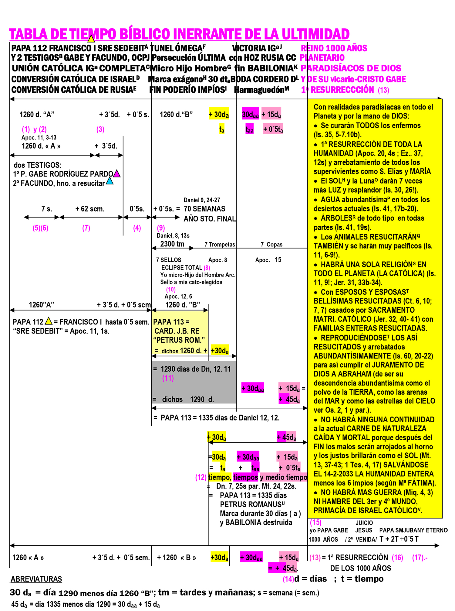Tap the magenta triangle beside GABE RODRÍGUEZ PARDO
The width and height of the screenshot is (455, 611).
[117, 174]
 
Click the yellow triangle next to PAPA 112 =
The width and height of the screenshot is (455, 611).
[49, 321]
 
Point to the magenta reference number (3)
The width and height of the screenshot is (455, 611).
[100, 129]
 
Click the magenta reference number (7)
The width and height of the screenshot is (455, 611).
[86, 228]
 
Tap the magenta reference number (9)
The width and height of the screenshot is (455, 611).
[161, 228]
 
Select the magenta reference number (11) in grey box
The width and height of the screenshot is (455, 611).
[168, 378]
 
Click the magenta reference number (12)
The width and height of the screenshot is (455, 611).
[201, 477]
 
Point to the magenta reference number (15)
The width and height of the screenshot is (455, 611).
[315, 522]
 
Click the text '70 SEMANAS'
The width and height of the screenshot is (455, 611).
[204, 209]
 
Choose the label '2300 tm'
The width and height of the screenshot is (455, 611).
[172, 244]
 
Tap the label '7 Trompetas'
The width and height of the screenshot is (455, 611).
[220, 245]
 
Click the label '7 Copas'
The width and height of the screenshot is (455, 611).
[271, 245]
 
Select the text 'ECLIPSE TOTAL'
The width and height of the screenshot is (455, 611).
[182, 268]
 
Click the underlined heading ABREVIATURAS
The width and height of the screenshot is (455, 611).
[36, 579]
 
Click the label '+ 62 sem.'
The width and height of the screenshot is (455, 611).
[90, 209]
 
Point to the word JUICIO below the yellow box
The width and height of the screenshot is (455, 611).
[364, 523]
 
